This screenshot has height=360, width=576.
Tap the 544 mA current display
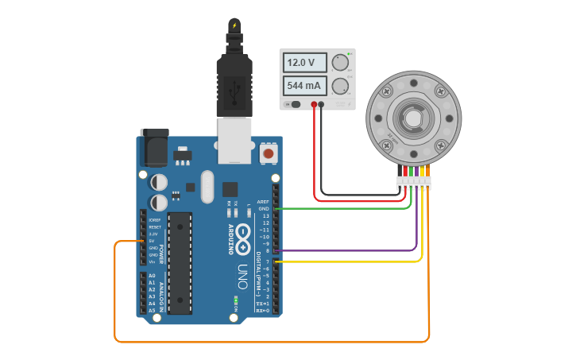click(x=306, y=85)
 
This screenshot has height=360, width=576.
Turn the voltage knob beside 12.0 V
click(x=341, y=63)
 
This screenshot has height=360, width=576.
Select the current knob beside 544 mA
click(x=341, y=85)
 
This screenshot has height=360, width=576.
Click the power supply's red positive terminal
click(x=314, y=104)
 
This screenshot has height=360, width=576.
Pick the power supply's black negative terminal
click(x=321, y=104)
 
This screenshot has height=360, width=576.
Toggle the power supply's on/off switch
click(x=295, y=104)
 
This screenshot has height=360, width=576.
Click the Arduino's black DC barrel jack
click(x=153, y=148)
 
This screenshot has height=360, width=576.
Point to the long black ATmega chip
click(x=180, y=263)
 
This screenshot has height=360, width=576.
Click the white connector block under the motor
click(x=413, y=184)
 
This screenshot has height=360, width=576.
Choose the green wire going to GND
click(x=350, y=209)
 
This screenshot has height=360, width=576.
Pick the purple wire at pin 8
click(x=350, y=251)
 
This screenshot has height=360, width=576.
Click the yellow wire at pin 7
click(x=350, y=261)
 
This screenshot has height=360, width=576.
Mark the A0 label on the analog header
click(x=152, y=276)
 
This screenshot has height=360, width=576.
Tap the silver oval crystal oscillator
click(x=207, y=187)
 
